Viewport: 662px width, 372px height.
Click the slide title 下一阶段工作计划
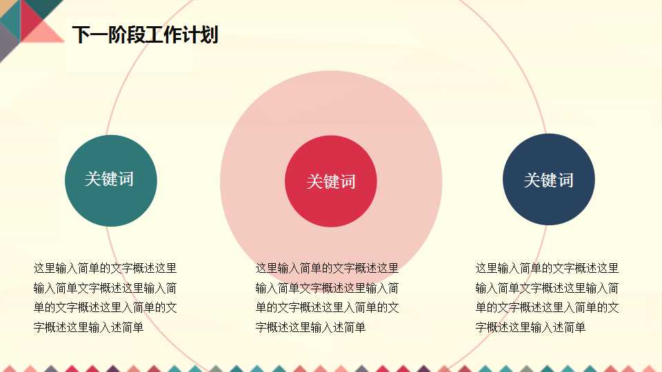[145, 34]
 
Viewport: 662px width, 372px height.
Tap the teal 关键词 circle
[111, 180]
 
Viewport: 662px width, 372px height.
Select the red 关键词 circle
[331, 181]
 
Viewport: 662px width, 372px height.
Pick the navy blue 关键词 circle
[549, 180]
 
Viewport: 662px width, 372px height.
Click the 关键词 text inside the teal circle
[109, 179]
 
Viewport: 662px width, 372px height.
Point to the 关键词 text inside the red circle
[331, 182]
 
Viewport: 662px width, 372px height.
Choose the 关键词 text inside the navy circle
[549, 180]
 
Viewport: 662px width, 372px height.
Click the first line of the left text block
[105, 268]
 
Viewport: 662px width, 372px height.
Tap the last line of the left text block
[88, 327]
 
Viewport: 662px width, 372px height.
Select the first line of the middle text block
[327, 268]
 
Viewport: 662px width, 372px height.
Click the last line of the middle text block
[310, 327]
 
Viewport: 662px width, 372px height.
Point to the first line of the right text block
[547, 268]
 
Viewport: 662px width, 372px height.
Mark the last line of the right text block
[530, 327]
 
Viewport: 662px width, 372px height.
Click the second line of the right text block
[547, 288]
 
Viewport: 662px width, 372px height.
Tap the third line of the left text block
[105, 307]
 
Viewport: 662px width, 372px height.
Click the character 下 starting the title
[81, 34]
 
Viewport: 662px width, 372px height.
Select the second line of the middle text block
[327, 288]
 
